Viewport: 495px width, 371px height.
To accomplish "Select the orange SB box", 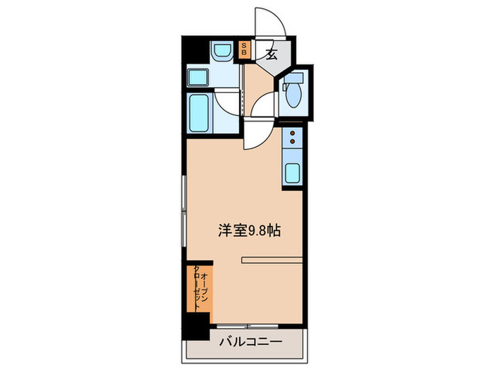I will [245, 49].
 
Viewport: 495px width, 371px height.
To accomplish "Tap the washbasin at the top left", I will [221, 52].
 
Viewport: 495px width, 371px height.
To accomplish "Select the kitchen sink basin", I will [293, 172].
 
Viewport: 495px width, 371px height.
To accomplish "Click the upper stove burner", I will [293, 132].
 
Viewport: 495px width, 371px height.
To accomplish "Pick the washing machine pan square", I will [197, 78].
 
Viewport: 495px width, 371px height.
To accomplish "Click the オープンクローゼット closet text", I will [199, 289].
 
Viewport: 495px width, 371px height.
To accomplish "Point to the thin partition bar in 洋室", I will [272, 259].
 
